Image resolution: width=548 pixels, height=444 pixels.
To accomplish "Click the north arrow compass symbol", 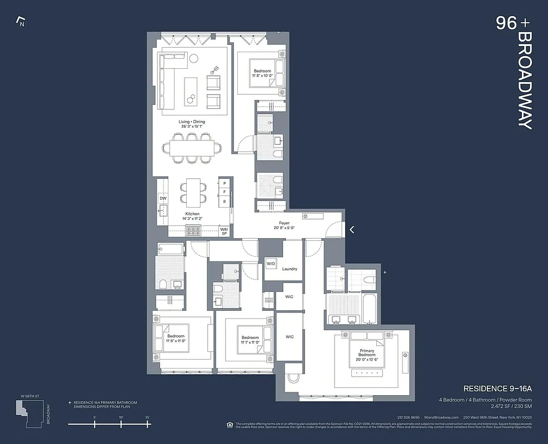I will click(x=22, y=22).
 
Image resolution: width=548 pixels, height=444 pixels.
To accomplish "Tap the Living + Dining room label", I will click(x=191, y=124).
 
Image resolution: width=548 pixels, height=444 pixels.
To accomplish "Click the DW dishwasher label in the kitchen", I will click(x=163, y=198).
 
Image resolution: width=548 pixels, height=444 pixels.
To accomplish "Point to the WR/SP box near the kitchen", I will click(x=223, y=231).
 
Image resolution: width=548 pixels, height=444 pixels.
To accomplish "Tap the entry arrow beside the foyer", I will click(x=352, y=229).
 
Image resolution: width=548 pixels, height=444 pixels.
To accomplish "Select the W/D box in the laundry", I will click(x=271, y=263).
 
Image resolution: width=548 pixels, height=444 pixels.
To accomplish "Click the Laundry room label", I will click(x=290, y=269).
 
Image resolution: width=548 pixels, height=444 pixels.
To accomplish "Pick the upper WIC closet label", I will click(x=289, y=297).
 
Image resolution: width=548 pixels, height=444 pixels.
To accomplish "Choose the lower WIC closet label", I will click(x=289, y=337).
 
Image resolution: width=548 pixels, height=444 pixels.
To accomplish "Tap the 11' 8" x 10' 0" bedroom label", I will click(x=262, y=74).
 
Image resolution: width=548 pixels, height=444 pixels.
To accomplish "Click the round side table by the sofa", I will click(x=194, y=58).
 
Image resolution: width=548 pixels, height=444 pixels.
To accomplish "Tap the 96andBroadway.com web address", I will click(x=441, y=417).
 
